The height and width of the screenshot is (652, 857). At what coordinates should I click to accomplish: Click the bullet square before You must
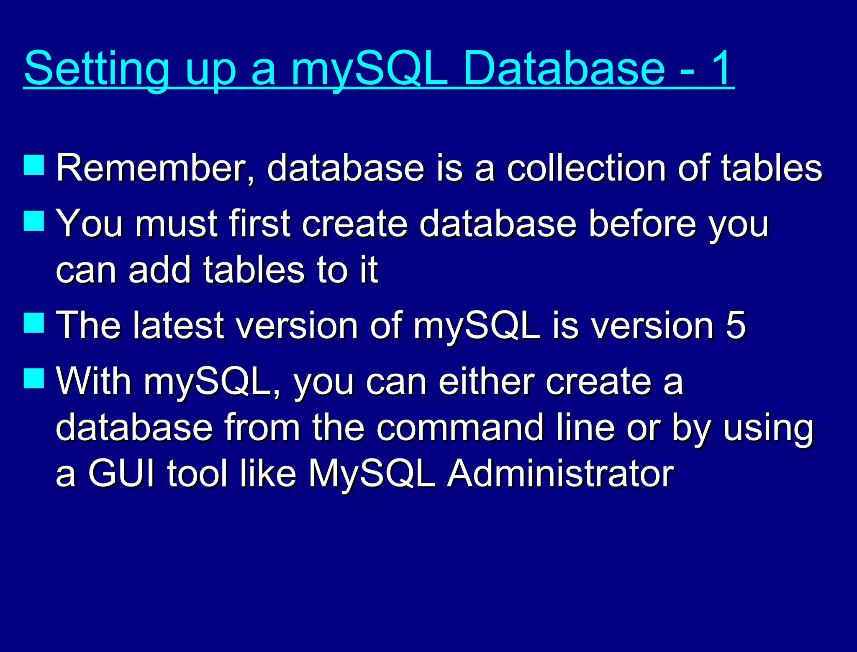34,220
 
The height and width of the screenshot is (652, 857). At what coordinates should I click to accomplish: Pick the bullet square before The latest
34,322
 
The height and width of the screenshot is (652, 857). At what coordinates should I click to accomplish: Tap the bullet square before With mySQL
34,378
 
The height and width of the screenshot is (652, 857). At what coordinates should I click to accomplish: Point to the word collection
586,168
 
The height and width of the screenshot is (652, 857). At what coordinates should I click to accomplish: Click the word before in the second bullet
642,224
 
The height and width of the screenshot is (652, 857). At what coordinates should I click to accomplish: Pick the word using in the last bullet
768,429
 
